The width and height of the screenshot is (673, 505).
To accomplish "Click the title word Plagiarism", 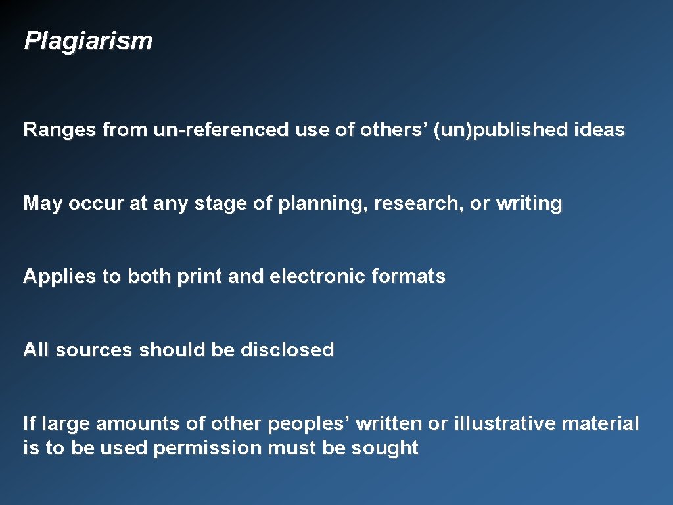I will [88, 41].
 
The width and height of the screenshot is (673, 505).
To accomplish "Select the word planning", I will [322, 204].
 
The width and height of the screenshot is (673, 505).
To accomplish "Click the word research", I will [419, 204].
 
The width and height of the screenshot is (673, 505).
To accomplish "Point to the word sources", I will [93, 350].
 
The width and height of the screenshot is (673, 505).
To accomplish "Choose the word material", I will [600, 424].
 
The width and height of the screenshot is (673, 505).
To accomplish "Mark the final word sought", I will [384, 448].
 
